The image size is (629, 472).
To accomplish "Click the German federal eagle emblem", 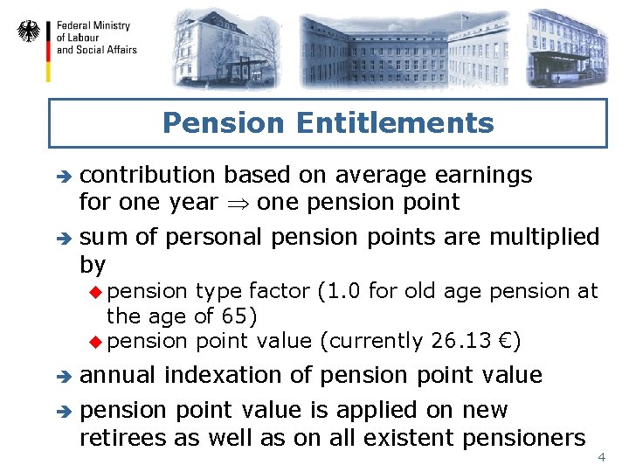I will [x=29, y=32].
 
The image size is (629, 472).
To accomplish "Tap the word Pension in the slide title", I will [x=225, y=123].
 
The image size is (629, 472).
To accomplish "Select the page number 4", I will [x=600, y=458].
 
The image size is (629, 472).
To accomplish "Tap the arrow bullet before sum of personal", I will [x=61, y=238].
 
